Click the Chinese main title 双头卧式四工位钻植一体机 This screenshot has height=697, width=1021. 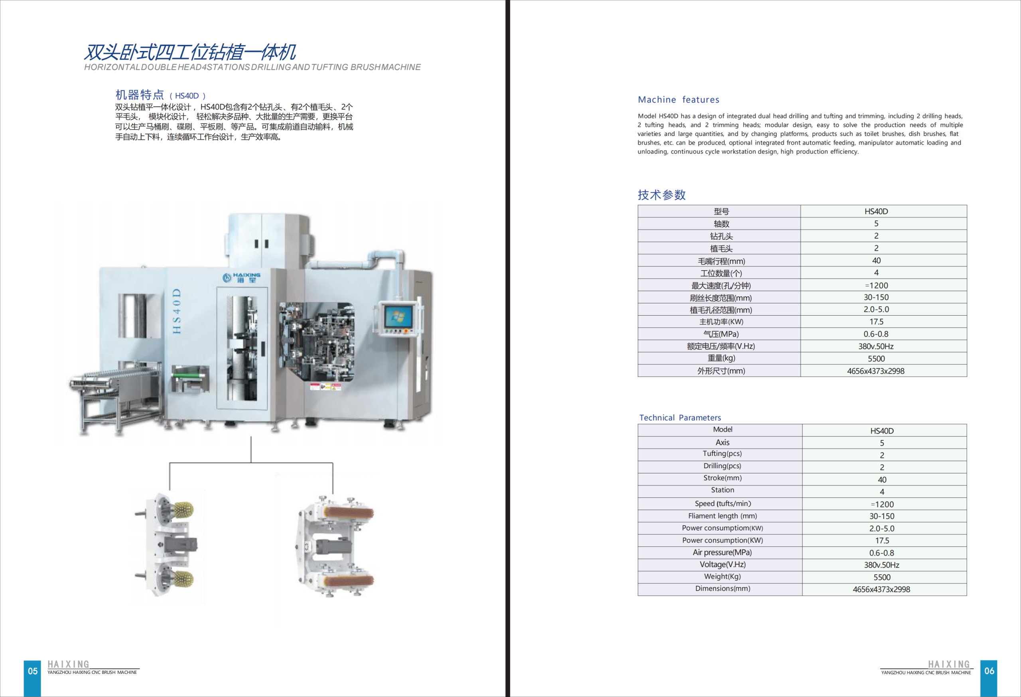190,52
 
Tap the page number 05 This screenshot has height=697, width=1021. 33,671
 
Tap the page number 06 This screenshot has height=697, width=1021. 989,671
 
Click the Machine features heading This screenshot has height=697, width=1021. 678,100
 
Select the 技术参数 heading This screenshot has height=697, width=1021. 661,195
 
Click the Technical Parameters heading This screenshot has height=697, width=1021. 680,417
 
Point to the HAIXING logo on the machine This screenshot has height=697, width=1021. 242,277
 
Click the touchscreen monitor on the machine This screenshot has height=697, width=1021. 398,316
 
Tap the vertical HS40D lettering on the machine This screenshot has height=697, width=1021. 177,311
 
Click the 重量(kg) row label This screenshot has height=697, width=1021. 721,358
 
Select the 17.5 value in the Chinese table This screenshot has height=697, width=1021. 876,322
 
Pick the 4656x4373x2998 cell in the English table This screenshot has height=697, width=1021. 881,589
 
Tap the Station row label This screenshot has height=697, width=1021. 722,490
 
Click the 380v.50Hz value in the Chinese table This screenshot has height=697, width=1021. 876,346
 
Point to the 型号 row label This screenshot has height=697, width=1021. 721,212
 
